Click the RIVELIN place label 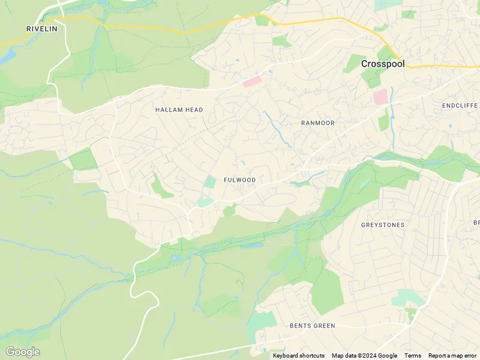click(x=41, y=28)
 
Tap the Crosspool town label click(x=383, y=63)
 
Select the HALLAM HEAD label click(x=179, y=110)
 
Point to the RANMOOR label click(x=317, y=122)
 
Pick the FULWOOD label click(x=239, y=180)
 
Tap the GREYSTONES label click(x=382, y=225)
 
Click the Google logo click(x=22, y=352)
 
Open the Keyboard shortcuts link click(x=298, y=356)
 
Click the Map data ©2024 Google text click(x=364, y=356)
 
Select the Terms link click(x=412, y=356)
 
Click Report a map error click(x=452, y=356)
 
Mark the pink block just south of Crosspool click(x=380, y=97)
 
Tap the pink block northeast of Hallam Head click(x=252, y=82)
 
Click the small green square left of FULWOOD click(x=210, y=182)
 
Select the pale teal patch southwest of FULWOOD click(x=205, y=203)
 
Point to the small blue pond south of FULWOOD click(x=251, y=245)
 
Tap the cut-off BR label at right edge click(x=476, y=223)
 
